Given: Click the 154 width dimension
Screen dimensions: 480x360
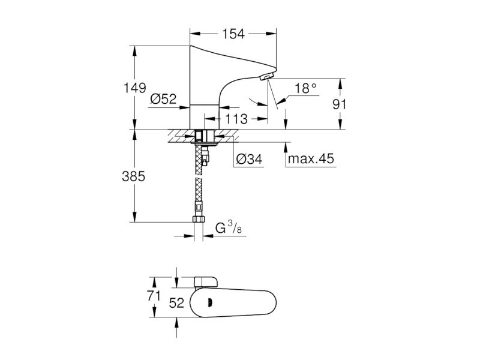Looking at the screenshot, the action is tap(233, 34).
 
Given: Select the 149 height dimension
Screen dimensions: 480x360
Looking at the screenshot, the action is tap(134, 88).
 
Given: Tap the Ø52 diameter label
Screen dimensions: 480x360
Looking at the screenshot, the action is tap(163, 98).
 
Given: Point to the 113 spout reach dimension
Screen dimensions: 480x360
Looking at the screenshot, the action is tap(236, 119).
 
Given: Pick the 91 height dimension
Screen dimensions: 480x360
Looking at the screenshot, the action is tap(339, 104).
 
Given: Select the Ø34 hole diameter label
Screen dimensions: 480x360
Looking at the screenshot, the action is tap(250, 159).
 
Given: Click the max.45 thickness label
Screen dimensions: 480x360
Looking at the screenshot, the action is tap(311, 159).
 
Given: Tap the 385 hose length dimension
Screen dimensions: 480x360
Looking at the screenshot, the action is tap(133, 176).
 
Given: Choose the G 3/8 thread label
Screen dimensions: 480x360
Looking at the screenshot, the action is tap(229, 228).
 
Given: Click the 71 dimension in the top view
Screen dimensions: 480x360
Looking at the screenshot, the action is tap(154, 296).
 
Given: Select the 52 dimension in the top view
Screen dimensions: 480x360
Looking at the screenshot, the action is tap(176, 303).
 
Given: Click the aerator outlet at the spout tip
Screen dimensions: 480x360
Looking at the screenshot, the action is tap(267, 76).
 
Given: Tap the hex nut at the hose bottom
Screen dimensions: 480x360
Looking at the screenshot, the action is tap(199, 219).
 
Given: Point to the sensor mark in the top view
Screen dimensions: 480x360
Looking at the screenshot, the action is tap(209, 303).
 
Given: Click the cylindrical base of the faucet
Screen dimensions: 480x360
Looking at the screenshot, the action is tap(205, 116).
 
